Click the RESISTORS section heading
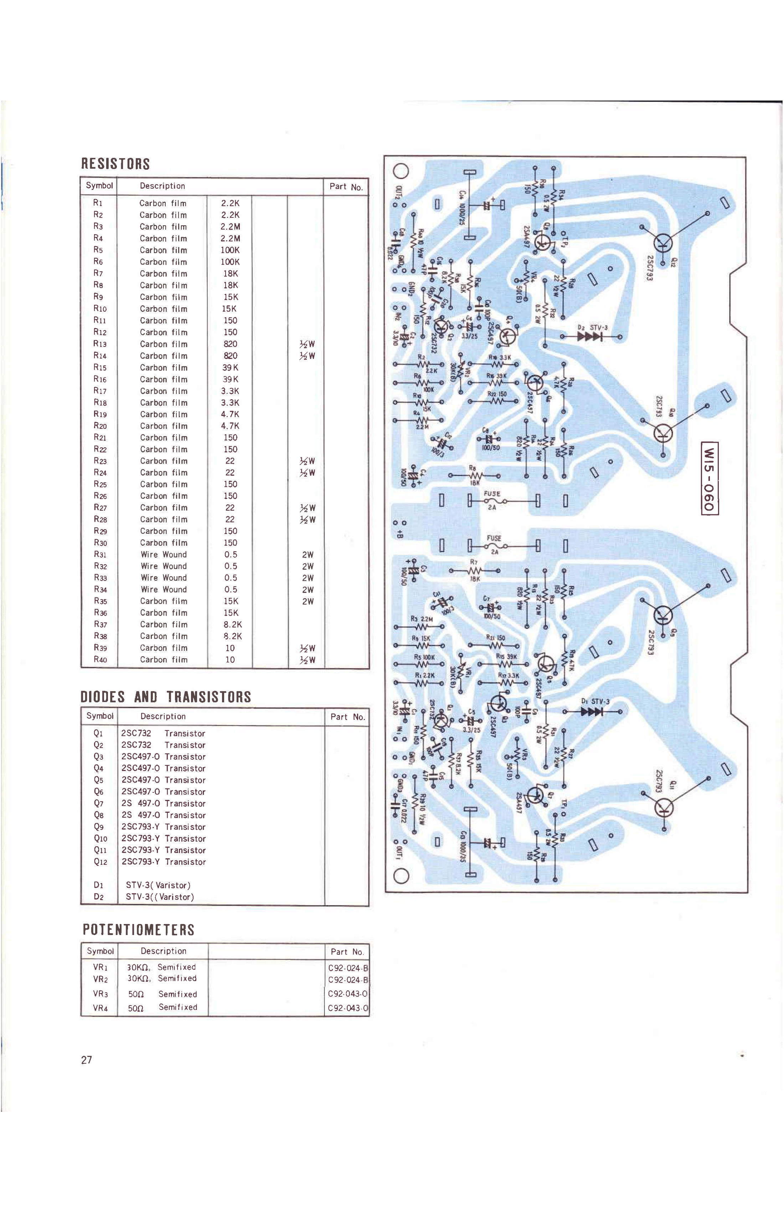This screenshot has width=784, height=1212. coord(115,164)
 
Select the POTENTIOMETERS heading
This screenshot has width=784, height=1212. coord(139,930)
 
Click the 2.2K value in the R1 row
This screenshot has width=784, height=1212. coord(230,203)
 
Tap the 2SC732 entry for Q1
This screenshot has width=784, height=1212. coord(136,733)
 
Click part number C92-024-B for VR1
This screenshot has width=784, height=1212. coord(348,968)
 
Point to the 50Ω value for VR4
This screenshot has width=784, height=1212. coord(135,1008)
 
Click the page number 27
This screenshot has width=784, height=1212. coord(87,1060)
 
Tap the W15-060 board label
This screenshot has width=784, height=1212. coord(709,479)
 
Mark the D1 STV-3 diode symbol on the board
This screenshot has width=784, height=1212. coord(591,712)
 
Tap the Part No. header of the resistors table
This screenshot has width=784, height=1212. coord(346,187)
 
